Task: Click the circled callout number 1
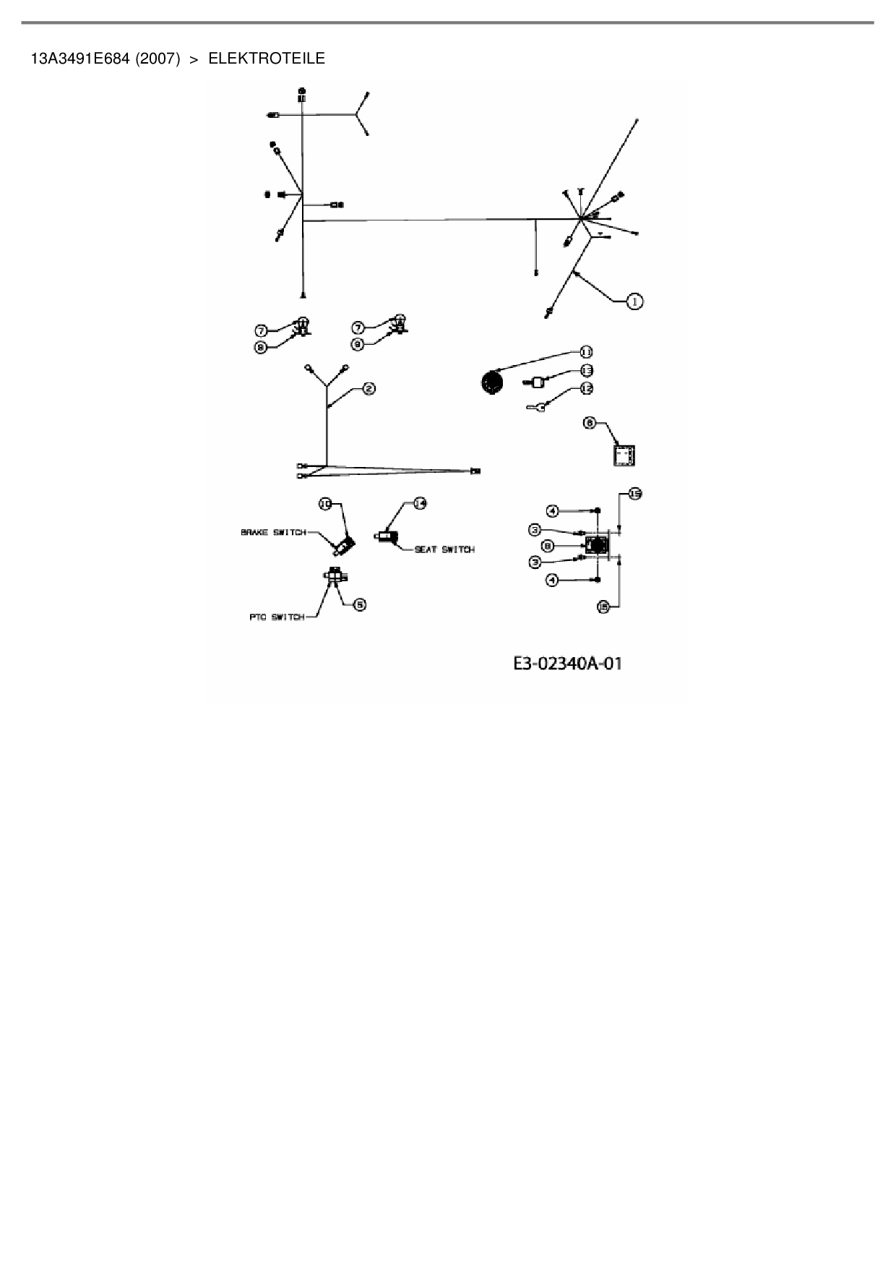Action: coord(634,301)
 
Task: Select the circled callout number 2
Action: coord(369,389)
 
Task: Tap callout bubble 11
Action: coord(585,351)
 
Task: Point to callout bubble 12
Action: coord(587,388)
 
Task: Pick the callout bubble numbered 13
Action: coord(587,370)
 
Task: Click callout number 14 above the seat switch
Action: coord(420,504)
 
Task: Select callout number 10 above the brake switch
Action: coord(326,503)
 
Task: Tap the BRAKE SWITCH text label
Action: coord(273,533)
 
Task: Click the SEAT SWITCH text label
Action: coord(444,549)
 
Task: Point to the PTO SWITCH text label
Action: coord(277,617)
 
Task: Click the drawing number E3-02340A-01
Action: coord(567,664)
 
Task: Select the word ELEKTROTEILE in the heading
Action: coord(267,59)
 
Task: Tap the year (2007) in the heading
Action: coord(158,59)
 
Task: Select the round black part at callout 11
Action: coord(491,382)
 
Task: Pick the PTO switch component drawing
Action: coord(335,576)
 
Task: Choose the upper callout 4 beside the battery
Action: coord(552,511)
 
